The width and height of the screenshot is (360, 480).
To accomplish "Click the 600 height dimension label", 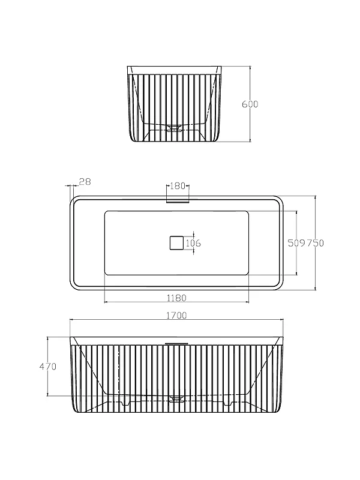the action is pyautogui.click(x=250, y=104).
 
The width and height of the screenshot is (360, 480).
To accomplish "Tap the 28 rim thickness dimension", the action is pyautogui.click(x=85, y=182).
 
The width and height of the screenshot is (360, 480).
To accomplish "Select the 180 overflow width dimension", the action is pyautogui.click(x=178, y=186).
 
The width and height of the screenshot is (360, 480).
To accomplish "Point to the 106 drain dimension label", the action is pyautogui.click(x=193, y=244).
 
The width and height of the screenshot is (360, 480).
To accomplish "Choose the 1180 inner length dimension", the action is pyautogui.click(x=176, y=298).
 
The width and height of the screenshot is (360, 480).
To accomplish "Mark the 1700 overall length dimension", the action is pyautogui.click(x=176, y=316).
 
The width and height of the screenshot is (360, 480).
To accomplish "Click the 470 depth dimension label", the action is pyautogui.click(x=48, y=367).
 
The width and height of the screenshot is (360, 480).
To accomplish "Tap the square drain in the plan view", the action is pyautogui.click(x=176, y=243).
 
